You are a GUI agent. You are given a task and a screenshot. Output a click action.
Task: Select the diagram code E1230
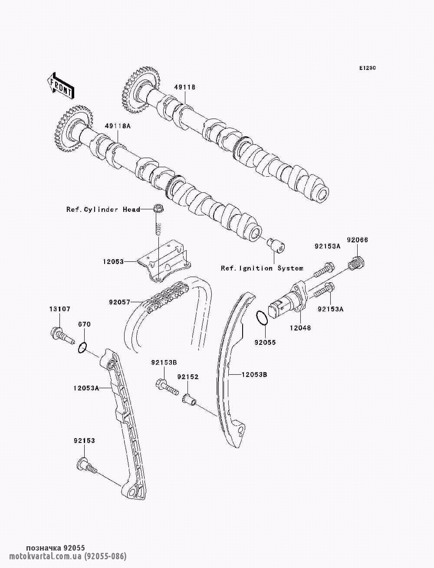367,68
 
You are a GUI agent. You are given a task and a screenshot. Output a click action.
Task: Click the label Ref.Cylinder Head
103,209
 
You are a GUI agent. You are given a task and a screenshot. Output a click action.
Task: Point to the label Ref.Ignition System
262,268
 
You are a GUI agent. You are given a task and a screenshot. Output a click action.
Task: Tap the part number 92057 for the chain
118,300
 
